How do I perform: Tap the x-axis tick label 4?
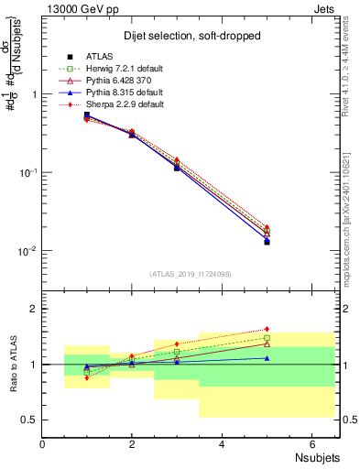222,444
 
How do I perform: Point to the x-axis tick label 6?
311,444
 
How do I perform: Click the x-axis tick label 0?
42,444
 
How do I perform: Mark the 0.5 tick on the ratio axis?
30,420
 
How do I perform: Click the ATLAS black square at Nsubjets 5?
267,242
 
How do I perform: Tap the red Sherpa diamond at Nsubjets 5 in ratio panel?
267,329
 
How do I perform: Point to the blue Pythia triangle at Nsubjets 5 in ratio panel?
267,358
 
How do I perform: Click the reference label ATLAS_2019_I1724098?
190,274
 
